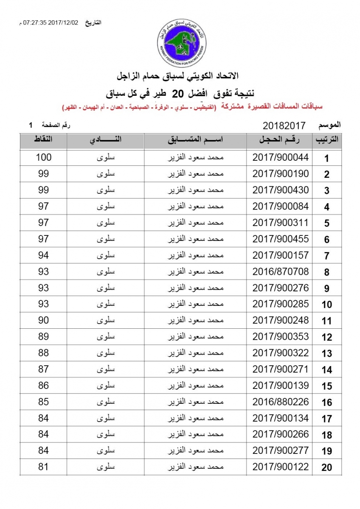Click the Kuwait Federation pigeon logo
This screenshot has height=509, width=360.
179,40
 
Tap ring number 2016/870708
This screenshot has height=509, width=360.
280,272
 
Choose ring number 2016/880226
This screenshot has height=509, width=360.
280,402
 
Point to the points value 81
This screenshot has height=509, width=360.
43,467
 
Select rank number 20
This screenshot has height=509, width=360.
326,468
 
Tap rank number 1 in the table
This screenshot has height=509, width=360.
326,159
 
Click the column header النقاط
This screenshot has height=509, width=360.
43,140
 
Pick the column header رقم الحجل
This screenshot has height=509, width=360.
280,140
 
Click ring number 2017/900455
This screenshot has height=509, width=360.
280,239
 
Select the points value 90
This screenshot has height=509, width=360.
43,321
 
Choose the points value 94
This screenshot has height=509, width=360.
43,255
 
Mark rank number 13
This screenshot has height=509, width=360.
326,354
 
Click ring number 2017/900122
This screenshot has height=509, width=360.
280,467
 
